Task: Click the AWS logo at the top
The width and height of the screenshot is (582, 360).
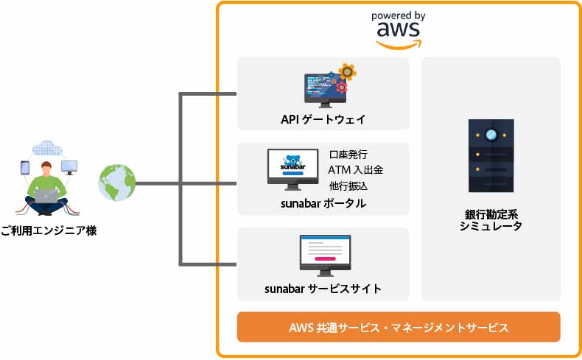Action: pos(398,29)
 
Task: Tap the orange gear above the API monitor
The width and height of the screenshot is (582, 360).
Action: pos(346,71)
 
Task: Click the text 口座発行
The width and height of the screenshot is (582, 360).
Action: pos(348,155)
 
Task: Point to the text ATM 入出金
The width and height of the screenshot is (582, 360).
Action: pos(354,170)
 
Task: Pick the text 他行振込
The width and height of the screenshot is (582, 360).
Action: pos(348,185)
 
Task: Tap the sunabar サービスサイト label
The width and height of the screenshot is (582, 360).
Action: pos(323,288)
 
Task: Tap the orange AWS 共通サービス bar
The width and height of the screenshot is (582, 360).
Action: pos(399,327)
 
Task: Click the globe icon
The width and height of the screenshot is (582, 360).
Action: pos(116,183)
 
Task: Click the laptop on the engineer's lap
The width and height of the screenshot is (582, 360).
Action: pos(47,195)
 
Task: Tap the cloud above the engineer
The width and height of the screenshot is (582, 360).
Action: pos(48,147)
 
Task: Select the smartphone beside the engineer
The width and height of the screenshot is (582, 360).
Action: pos(24,169)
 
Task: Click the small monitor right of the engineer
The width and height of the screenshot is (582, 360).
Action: pos(69,167)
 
